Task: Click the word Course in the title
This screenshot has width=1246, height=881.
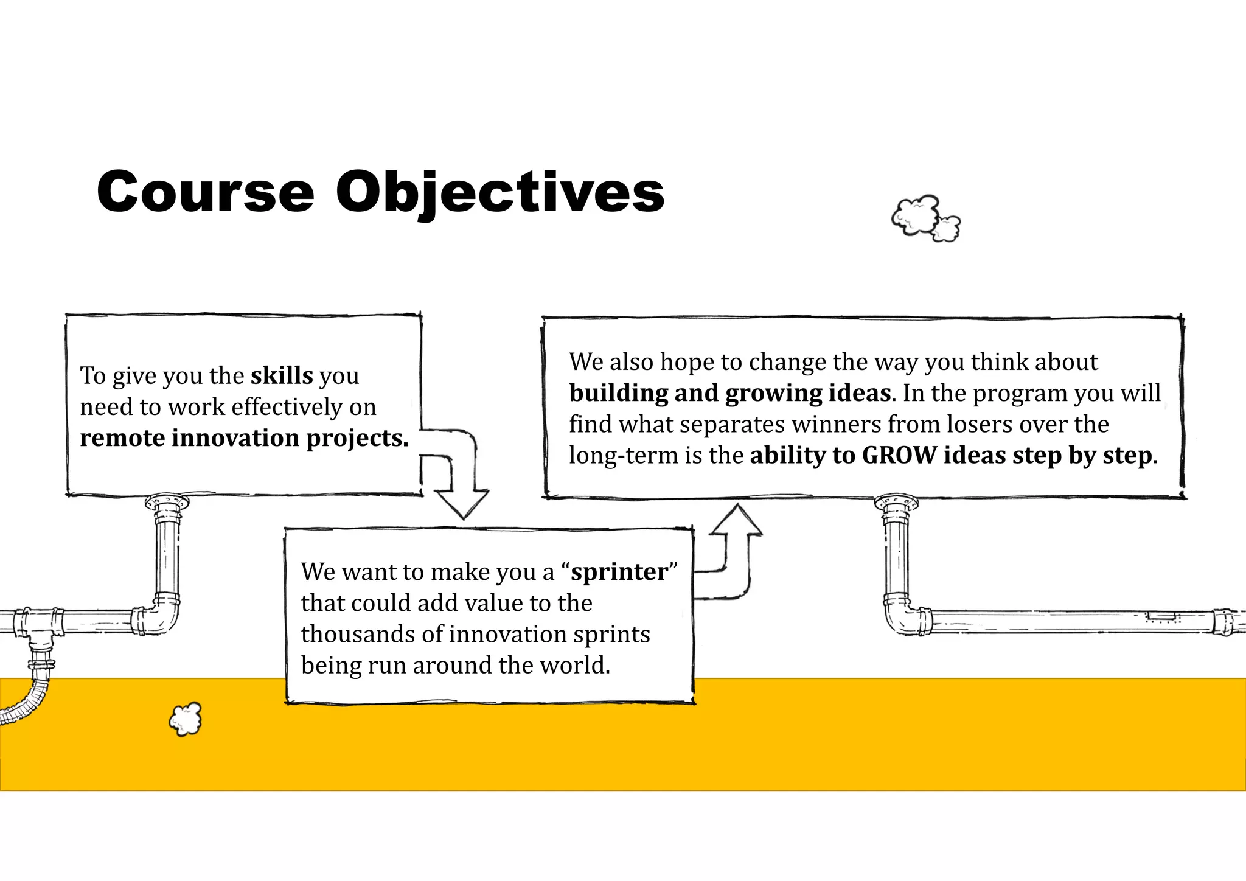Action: pyautogui.click(x=206, y=192)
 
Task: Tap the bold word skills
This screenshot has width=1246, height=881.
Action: pyautogui.click(x=282, y=375)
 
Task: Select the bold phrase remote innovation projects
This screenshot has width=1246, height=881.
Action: pyautogui.click(x=244, y=438)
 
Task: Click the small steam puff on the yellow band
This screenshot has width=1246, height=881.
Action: pyautogui.click(x=186, y=719)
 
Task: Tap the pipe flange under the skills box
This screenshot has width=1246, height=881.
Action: pyautogui.click(x=167, y=503)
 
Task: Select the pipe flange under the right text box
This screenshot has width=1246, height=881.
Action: pyautogui.click(x=896, y=503)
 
